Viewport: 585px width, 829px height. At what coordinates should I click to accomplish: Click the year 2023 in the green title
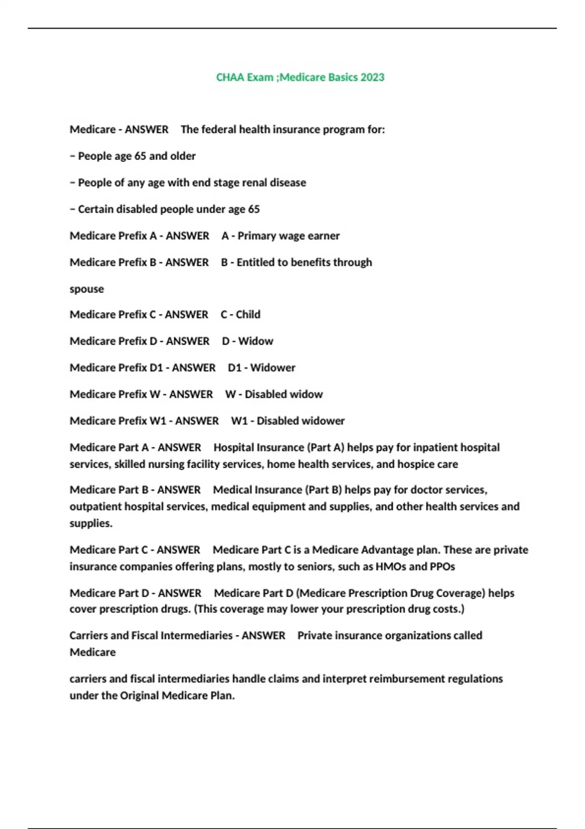click(371, 77)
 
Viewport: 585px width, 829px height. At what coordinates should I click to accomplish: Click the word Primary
click(258, 236)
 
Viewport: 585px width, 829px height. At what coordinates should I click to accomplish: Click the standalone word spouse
click(87, 289)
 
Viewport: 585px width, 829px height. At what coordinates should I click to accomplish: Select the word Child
click(248, 314)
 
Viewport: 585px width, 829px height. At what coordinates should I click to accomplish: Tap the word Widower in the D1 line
click(273, 367)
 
